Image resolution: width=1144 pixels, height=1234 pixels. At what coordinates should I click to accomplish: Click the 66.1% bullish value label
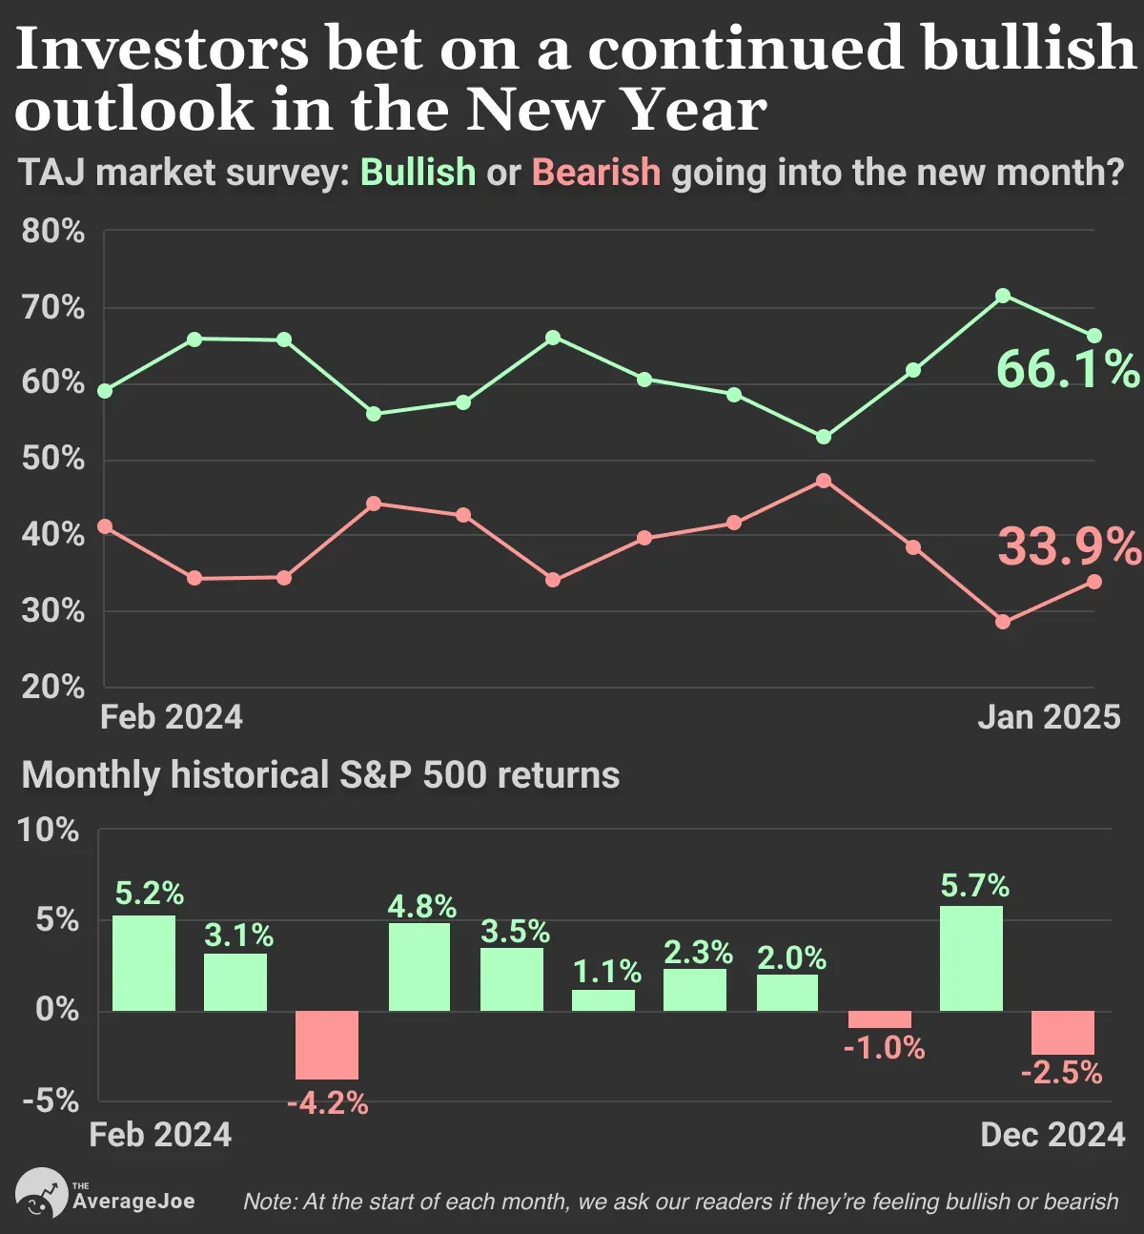tap(1068, 369)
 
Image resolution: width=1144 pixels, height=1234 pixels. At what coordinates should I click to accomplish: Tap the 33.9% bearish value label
tap(1070, 546)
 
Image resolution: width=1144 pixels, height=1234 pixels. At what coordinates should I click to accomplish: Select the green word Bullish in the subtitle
tap(419, 172)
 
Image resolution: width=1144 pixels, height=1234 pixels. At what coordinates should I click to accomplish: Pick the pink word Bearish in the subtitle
tap(596, 172)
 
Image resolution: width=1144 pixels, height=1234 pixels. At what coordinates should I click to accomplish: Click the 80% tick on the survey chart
tap(52, 231)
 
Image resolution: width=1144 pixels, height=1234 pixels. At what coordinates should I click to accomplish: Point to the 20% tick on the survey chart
tap(52, 687)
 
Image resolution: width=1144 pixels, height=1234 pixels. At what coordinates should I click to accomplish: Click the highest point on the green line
tap(1002, 296)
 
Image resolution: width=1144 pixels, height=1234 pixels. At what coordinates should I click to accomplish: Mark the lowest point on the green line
tap(824, 437)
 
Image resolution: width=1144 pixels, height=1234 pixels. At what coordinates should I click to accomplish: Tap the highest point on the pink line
tap(824, 481)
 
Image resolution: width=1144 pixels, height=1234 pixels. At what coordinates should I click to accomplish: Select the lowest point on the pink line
tap(1002, 622)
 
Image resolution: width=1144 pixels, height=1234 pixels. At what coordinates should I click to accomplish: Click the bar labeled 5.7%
tap(971, 958)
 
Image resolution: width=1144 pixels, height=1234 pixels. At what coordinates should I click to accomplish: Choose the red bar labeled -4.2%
tap(327, 1045)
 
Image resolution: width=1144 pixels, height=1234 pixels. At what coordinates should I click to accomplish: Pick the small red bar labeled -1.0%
tap(880, 1019)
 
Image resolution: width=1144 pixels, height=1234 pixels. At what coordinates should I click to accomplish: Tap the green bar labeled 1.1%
tap(603, 1000)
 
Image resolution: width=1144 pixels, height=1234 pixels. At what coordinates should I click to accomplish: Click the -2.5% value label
tap(1061, 1073)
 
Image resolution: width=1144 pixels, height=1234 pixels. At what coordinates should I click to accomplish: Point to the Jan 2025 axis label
tap(1049, 717)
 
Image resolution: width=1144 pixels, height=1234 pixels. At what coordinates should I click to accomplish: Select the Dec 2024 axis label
tap(1052, 1135)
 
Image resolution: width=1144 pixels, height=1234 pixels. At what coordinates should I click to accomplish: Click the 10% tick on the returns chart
tap(49, 830)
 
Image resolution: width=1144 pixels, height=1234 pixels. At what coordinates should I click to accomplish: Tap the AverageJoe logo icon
tap(41, 1192)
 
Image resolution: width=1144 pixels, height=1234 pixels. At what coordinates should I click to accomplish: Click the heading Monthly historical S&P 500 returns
tap(320, 775)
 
